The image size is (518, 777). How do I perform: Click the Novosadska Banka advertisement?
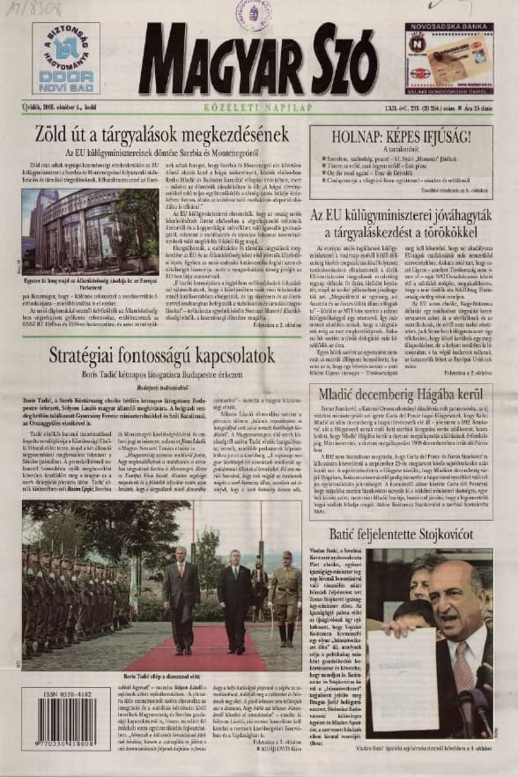[448, 58]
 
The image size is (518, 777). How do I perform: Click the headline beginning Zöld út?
[149, 135]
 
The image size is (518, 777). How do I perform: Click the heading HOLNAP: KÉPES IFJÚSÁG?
[400, 137]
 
